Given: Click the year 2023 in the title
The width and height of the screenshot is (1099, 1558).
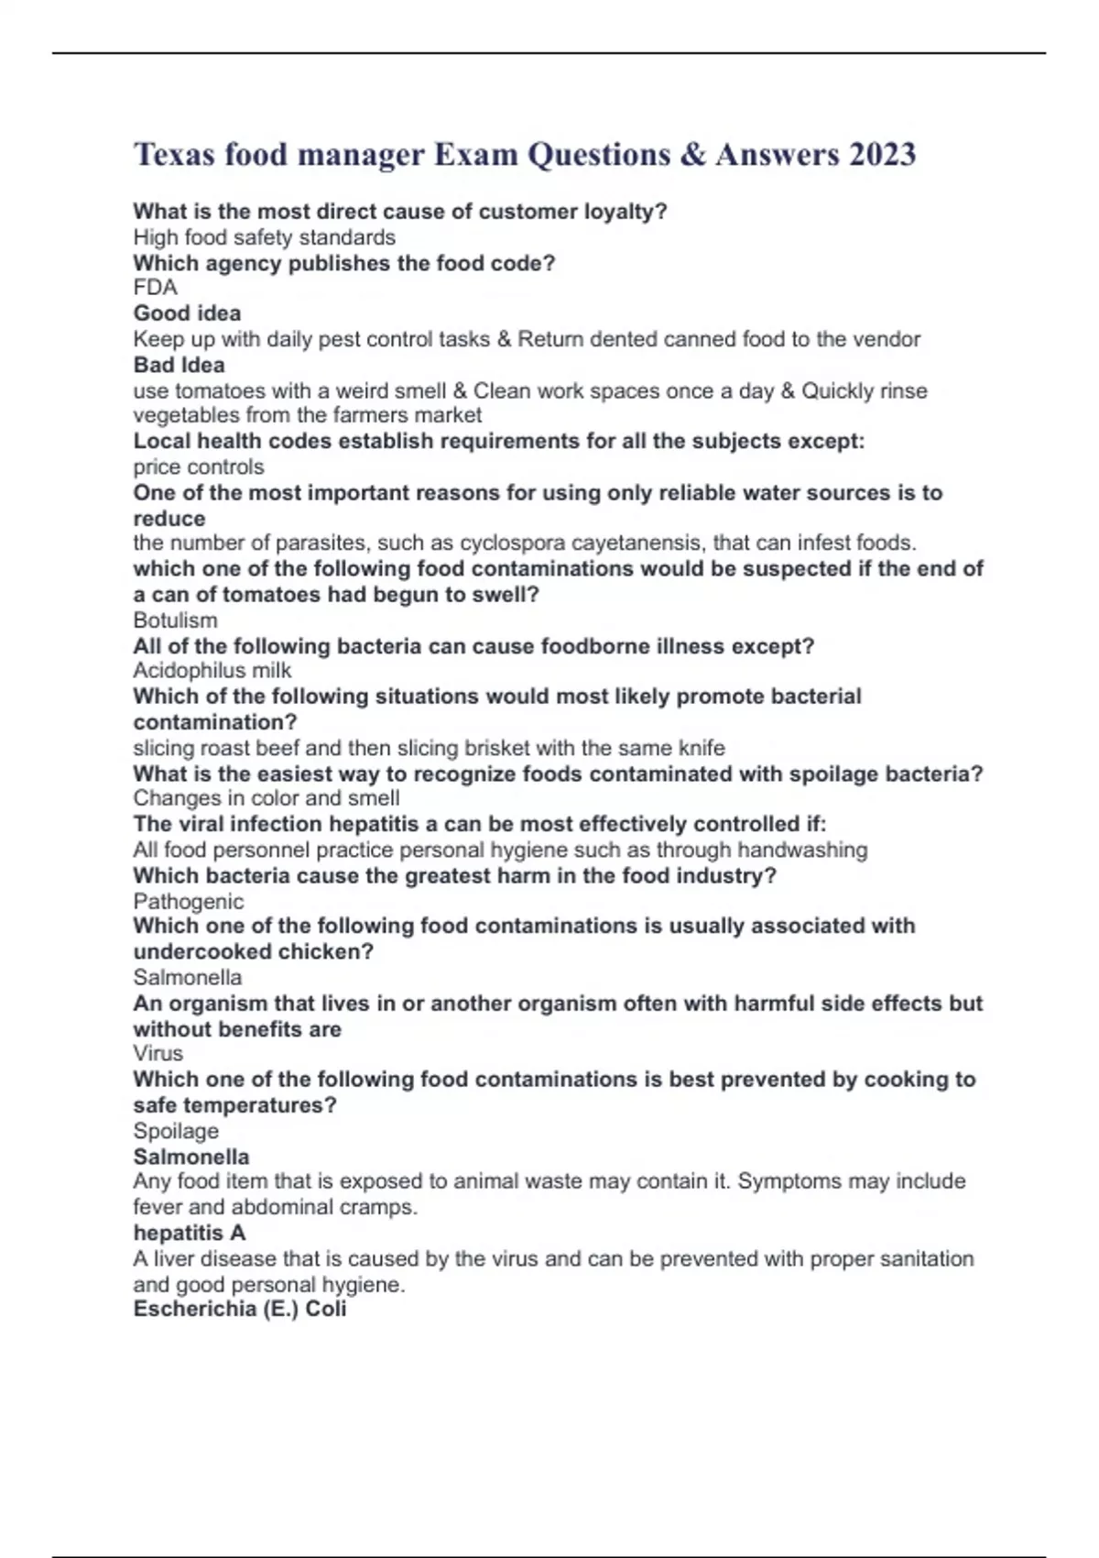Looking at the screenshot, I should [881, 154].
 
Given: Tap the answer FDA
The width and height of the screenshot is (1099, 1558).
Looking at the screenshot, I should [155, 288].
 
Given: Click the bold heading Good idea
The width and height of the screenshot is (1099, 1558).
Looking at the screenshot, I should [187, 313].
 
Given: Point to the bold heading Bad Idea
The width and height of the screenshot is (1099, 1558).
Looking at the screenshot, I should [179, 365].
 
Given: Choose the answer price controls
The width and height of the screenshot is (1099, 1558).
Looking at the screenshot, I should [198, 466].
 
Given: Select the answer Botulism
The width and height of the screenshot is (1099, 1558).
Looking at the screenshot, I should [175, 620].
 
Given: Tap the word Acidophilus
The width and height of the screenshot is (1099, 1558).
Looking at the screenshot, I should [189, 671].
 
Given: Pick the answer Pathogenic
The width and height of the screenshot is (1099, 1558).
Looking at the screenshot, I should [188, 902].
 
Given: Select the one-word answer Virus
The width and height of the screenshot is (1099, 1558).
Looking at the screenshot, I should [158, 1053].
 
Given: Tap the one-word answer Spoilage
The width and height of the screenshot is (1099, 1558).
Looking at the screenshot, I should [176, 1131].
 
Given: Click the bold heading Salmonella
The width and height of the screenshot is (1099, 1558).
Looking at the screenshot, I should [190, 1157].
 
